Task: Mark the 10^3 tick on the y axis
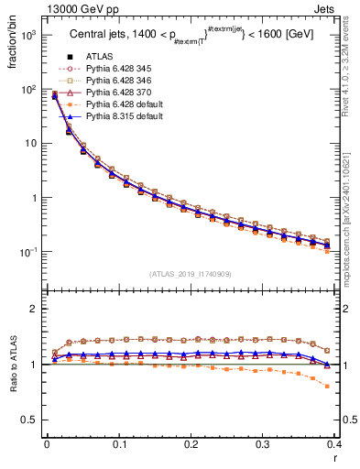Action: (x=29, y=35)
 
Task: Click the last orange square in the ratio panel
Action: (x=328, y=386)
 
